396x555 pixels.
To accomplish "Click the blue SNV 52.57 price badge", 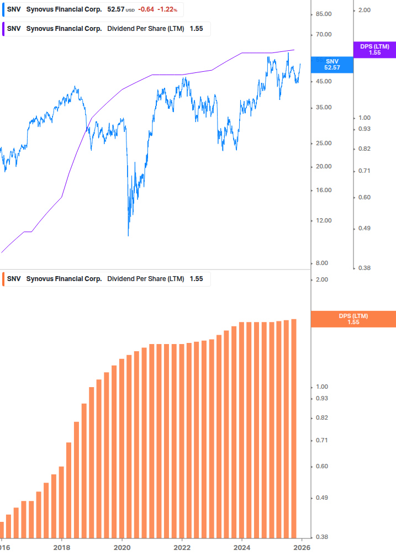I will [x=332, y=64].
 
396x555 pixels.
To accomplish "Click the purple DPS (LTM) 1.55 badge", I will [x=374, y=50].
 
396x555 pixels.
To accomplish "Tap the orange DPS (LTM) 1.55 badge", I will [x=353, y=319].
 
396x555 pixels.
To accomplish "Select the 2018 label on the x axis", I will [x=62, y=547].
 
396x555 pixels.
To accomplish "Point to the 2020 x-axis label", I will [x=122, y=547].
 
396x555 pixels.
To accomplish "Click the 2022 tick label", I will [x=182, y=547].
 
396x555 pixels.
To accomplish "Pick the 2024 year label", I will [x=241, y=547].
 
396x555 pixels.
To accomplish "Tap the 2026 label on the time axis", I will [x=301, y=547].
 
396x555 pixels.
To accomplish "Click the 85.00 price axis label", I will [x=324, y=14].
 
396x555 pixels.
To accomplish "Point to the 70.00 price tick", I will [x=324, y=35].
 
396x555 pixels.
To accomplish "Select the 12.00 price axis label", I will [x=324, y=221].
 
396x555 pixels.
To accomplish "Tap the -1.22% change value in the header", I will [x=168, y=9].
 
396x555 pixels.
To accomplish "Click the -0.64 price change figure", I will [x=146, y=9].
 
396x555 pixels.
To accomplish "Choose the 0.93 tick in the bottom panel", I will [x=322, y=399].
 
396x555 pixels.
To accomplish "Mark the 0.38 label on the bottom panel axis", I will [x=322, y=537].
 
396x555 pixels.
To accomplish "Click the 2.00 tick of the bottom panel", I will [x=322, y=279].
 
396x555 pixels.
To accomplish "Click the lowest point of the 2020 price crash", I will [x=128, y=236].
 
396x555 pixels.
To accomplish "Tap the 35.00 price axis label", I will [x=324, y=108].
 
